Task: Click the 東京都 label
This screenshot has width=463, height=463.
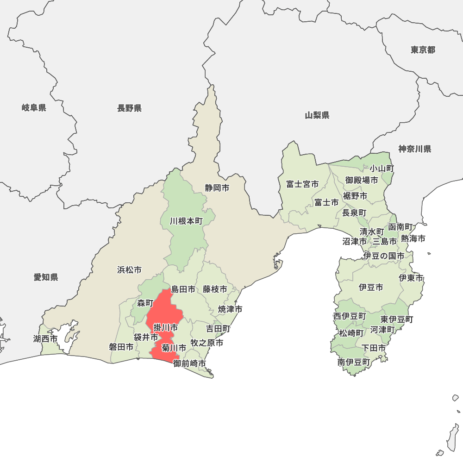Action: (x=423, y=50)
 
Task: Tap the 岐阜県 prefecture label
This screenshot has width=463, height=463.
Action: (x=34, y=108)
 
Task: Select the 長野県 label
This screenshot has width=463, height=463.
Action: (x=129, y=108)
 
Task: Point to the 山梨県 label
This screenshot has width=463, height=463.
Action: (x=317, y=115)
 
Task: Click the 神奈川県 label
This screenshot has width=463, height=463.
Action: (x=415, y=149)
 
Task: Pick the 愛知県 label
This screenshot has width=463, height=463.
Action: (x=46, y=277)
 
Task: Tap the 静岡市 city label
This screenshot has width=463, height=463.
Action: (x=217, y=188)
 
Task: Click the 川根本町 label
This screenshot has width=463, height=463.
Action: (x=186, y=221)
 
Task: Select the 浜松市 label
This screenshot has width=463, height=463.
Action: (x=129, y=269)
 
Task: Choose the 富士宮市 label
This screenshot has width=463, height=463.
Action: (x=302, y=184)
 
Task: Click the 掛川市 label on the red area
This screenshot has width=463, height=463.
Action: (x=165, y=328)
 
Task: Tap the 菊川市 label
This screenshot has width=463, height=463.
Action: (x=174, y=347)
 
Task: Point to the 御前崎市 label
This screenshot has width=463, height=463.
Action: (x=189, y=363)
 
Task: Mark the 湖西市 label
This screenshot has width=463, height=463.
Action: (x=45, y=339)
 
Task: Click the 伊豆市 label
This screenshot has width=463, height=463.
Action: (x=371, y=288)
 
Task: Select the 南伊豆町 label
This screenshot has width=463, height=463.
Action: (x=354, y=362)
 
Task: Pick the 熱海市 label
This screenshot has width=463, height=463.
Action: (x=413, y=239)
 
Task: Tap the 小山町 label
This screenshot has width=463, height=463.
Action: (x=382, y=169)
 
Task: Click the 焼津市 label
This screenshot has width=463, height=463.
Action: (x=231, y=309)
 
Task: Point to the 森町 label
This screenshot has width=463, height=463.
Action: (x=145, y=303)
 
